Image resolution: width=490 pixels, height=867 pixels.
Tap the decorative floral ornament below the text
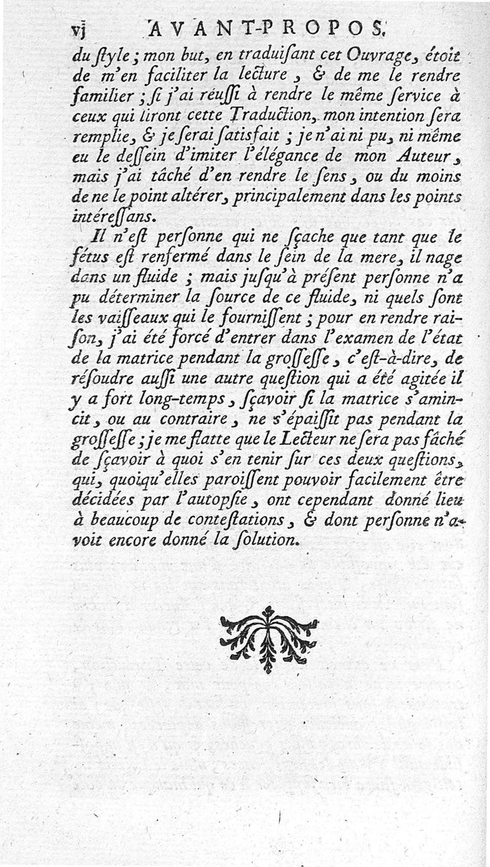point(268,638)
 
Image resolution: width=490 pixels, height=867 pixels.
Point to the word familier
point(100,97)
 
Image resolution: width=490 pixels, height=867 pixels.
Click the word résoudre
point(100,378)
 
